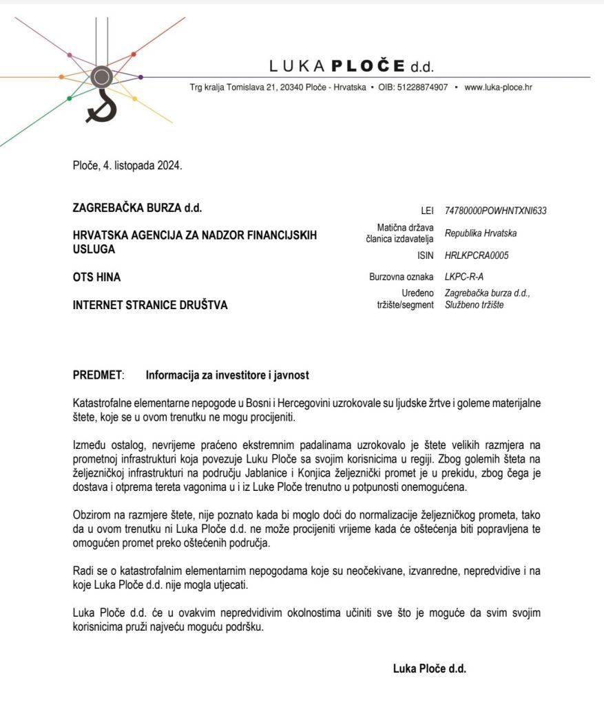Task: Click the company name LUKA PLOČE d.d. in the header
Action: [x=351, y=67]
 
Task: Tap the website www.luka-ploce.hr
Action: [x=498, y=87]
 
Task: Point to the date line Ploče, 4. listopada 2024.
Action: [x=127, y=165]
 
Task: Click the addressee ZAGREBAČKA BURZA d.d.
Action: [x=137, y=207]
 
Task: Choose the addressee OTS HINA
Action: [x=96, y=277]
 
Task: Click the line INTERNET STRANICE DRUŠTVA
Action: [x=150, y=305]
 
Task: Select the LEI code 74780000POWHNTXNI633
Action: [x=495, y=211]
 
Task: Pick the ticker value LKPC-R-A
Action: [x=466, y=277]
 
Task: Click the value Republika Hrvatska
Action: [x=481, y=233]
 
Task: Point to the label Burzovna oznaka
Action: [x=402, y=277]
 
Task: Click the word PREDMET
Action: [x=97, y=375]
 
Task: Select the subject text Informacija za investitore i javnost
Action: [x=227, y=375]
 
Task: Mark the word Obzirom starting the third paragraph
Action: [x=91, y=516]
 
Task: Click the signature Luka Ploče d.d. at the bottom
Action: [x=430, y=667]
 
